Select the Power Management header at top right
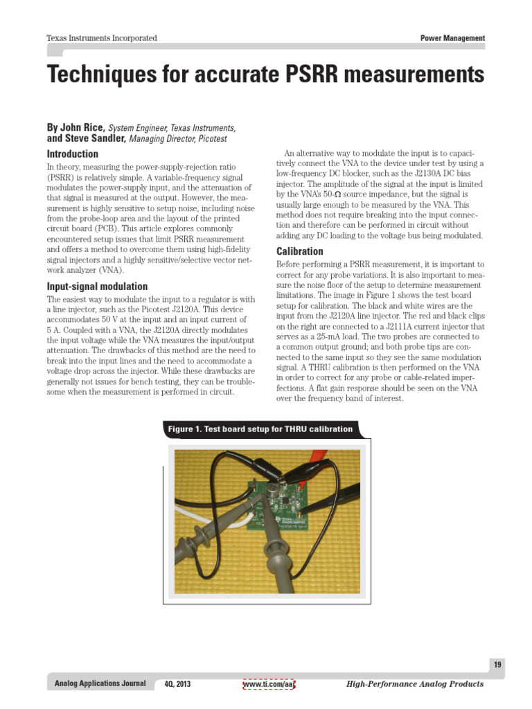[452, 38]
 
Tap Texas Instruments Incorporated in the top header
[102, 38]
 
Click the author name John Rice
[82, 128]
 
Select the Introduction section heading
[73, 154]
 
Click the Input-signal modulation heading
[97, 286]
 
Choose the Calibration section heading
[300, 251]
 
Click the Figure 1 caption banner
[260, 429]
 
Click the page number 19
[497, 665]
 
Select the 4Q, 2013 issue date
[177, 684]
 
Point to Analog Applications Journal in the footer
[100, 683]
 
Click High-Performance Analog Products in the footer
[415, 684]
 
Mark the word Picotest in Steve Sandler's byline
[213, 138]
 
